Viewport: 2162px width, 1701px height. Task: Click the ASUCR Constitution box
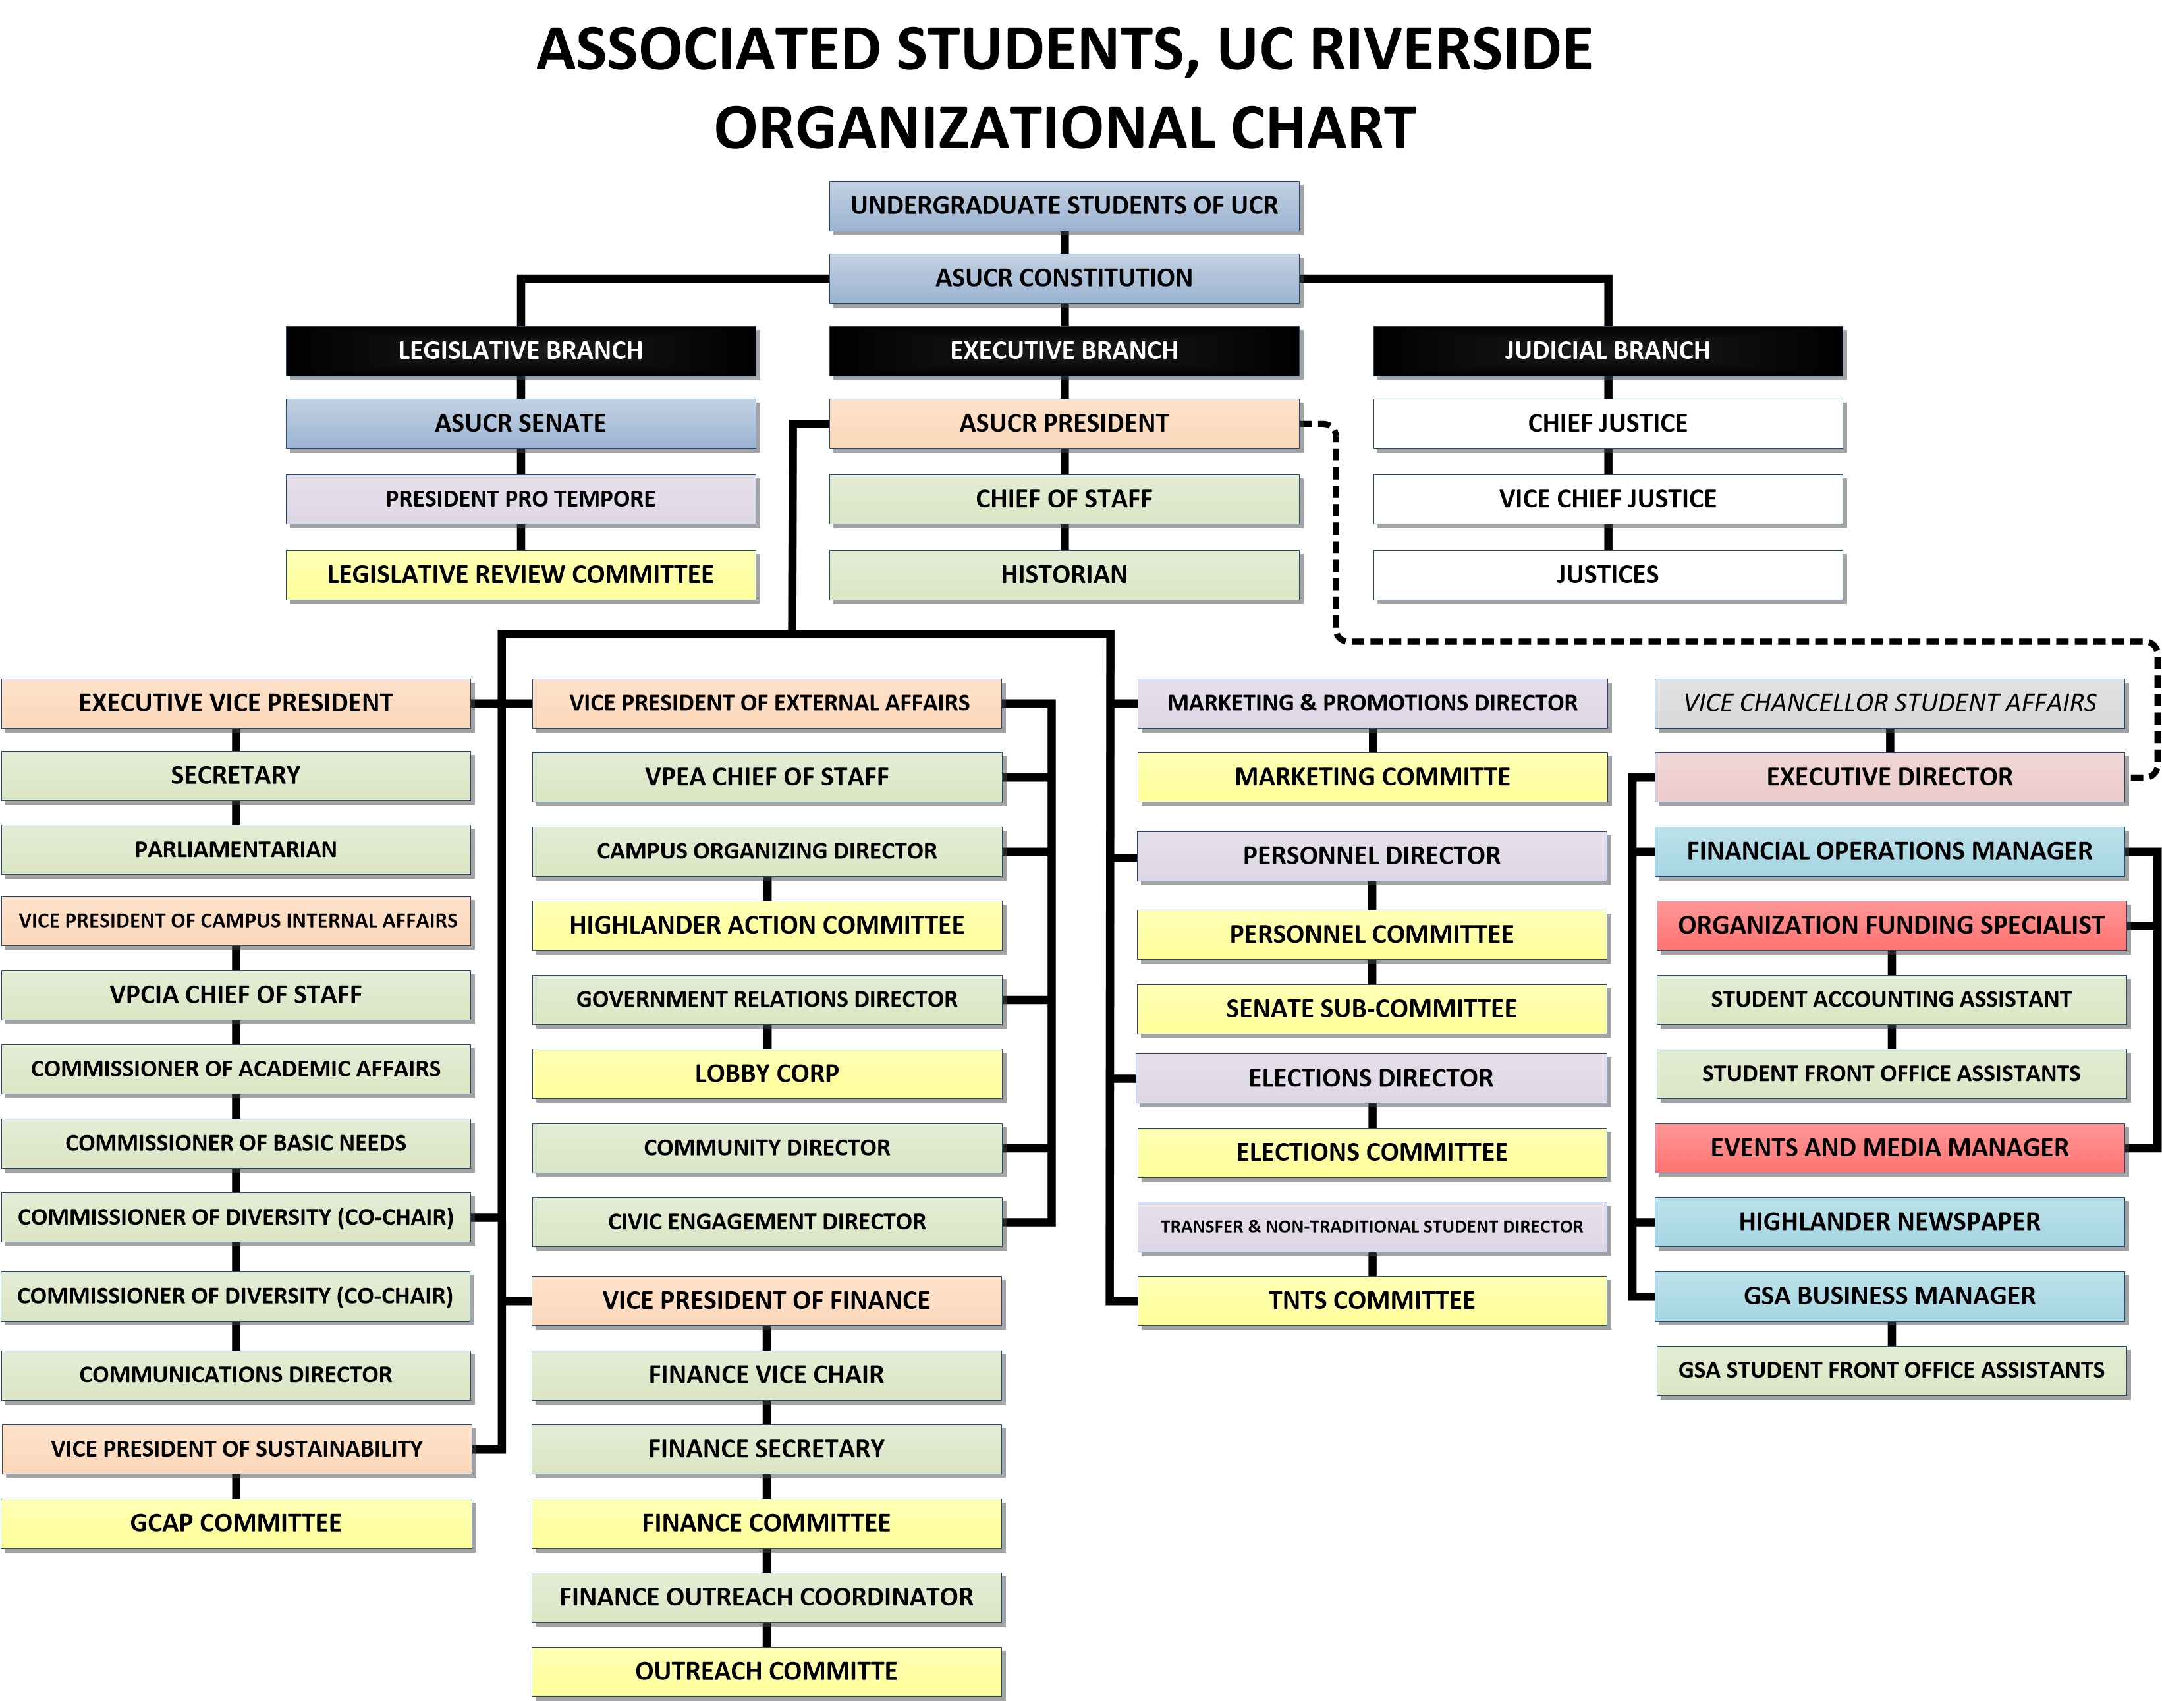pos(1064,278)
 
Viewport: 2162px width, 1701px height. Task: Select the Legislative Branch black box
pos(520,350)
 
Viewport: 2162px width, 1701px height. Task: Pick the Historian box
pos(1064,574)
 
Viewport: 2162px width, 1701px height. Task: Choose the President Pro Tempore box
pos(520,499)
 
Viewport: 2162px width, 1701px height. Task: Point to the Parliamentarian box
pos(236,849)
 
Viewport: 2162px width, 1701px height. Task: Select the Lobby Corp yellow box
pos(767,1074)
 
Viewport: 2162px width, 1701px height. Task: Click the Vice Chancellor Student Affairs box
pos(1889,703)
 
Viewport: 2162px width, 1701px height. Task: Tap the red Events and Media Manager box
pos(1889,1147)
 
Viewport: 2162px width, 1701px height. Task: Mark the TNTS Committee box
pos(1372,1300)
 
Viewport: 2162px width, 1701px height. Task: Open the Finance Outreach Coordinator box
pos(767,1598)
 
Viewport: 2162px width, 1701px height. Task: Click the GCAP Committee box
pos(236,1522)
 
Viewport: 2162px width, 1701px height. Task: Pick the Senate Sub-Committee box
pos(1372,1009)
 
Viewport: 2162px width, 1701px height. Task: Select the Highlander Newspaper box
pos(1889,1222)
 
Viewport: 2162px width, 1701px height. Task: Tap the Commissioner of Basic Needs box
pos(236,1143)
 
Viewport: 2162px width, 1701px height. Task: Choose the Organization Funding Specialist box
pos(1890,925)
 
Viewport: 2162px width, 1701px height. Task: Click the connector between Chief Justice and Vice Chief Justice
pos(1607,461)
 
